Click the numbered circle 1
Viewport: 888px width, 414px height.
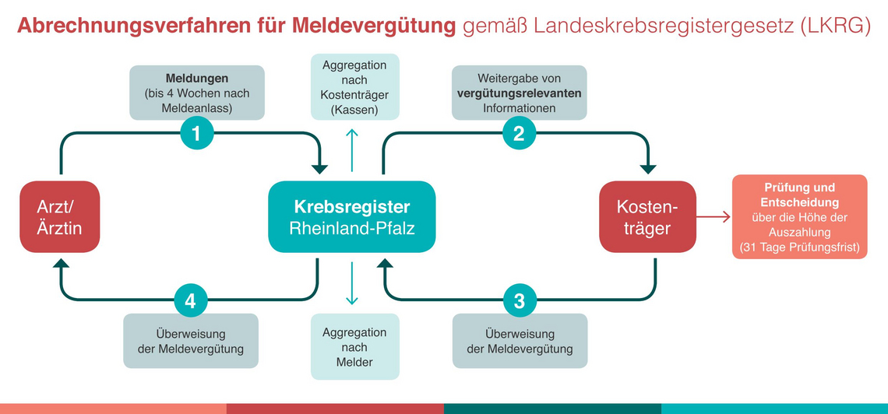(196, 134)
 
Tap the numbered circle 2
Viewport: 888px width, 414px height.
(519, 134)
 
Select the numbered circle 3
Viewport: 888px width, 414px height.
(519, 301)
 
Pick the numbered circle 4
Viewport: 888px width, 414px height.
(190, 301)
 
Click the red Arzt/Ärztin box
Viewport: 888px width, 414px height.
(59, 216)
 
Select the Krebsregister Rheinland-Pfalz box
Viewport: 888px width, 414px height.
(351, 216)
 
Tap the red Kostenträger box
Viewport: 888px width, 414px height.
(647, 216)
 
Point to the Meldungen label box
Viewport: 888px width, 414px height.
(197, 93)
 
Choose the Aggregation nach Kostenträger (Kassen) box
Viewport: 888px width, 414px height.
(355, 86)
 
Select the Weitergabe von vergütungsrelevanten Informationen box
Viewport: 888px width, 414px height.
(520, 93)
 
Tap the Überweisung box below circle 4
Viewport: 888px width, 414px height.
(191, 341)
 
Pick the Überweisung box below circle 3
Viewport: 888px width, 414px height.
(520, 341)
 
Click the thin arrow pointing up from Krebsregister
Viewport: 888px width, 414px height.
(351, 150)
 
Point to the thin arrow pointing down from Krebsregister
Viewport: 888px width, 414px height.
(351, 283)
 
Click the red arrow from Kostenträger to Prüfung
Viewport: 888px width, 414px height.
(713, 216)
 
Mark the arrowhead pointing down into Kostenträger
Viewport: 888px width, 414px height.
(648, 169)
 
